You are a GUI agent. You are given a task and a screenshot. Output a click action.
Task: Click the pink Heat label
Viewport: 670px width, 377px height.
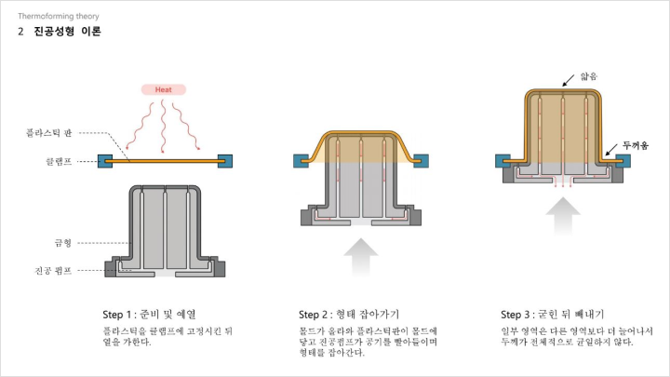tap(164, 89)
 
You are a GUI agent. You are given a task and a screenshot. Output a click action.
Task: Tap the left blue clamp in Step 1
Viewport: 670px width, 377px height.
tap(105, 161)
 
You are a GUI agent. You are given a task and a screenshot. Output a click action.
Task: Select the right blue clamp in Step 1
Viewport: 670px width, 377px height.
tap(225, 161)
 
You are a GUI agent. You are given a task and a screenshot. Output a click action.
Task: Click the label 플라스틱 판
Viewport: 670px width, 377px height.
tap(48, 133)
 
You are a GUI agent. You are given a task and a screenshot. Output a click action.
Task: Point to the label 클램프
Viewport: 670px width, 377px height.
tap(59, 162)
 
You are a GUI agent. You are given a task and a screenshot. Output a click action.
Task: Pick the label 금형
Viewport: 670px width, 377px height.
tap(63, 243)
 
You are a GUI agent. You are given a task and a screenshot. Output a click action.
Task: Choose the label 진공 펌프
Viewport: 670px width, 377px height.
tap(53, 271)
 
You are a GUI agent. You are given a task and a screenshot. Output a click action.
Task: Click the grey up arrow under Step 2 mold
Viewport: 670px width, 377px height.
tap(361, 257)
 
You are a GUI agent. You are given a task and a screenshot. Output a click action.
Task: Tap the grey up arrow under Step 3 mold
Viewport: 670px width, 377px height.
tap(563, 216)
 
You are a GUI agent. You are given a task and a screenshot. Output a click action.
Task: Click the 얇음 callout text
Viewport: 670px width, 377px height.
tap(589, 76)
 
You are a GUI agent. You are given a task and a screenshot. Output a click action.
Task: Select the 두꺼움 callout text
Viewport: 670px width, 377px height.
tap(636, 146)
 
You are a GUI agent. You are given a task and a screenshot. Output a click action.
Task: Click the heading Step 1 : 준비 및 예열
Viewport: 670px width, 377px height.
tap(149, 315)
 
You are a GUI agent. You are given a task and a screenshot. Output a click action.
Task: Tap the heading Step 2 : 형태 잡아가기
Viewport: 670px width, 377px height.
tap(349, 315)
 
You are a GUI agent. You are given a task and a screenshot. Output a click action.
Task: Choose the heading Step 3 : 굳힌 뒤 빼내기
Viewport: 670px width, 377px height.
tap(553, 315)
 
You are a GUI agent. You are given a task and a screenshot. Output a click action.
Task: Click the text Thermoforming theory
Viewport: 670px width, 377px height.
tap(59, 16)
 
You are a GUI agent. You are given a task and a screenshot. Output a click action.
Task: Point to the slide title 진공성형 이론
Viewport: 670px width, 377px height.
tap(68, 32)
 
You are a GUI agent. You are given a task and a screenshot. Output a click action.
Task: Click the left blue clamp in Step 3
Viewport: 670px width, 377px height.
tap(502, 161)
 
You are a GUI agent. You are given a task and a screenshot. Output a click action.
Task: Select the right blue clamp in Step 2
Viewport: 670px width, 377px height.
tap(421, 161)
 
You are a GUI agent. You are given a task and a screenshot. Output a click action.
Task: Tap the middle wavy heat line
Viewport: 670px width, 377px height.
tap(162, 126)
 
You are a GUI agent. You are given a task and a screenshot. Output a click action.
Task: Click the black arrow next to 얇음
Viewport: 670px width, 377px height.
tap(569, 80)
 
